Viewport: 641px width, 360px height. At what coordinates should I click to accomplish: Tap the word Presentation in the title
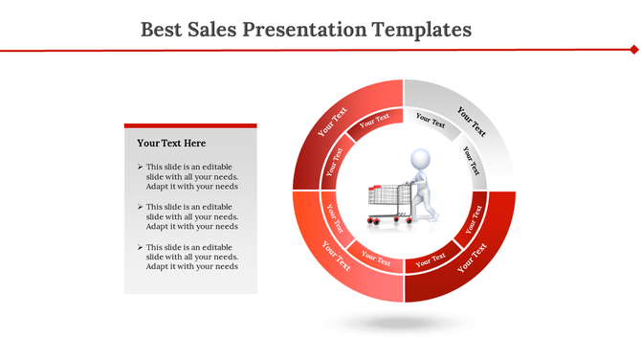pos(303,30)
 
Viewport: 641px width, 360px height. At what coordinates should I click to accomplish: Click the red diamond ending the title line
pos(633,48)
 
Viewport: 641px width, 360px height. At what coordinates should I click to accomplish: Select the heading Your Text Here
pos(171,144)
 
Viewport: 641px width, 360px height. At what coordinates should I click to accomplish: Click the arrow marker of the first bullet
pos(140,167)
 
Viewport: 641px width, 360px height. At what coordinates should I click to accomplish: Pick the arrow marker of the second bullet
pos(140,207)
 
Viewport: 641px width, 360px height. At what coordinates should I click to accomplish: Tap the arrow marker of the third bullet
pos(140,247)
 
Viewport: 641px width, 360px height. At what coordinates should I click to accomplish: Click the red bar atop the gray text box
pos(190,124)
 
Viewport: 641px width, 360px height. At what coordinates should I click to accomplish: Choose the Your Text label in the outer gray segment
pos(472,122)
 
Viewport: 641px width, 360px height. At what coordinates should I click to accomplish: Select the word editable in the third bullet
pos(216,247)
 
